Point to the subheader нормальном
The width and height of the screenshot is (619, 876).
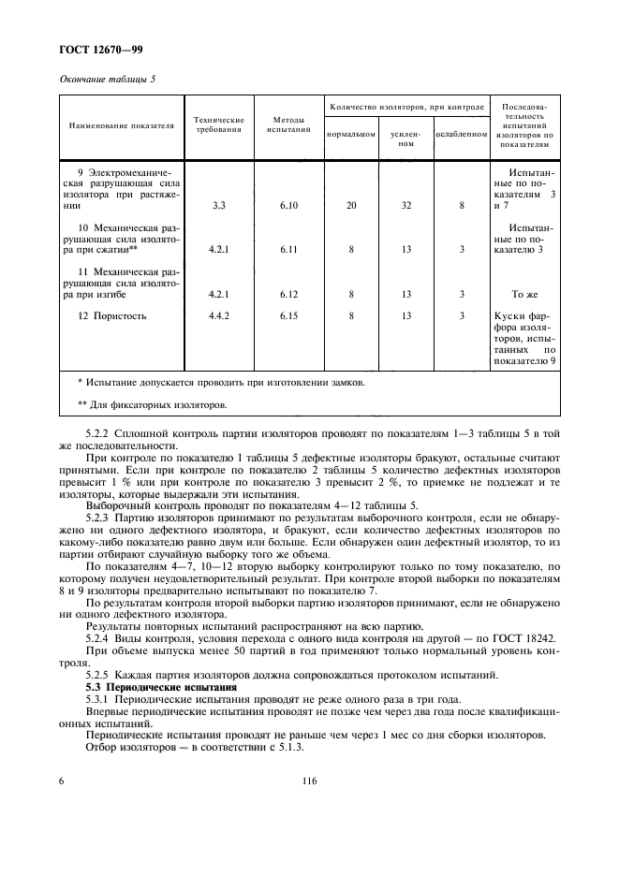[x=350, y=134]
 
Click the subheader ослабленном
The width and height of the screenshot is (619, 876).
[x=462, y=134]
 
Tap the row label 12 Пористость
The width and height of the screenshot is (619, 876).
[x=112, y=316]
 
